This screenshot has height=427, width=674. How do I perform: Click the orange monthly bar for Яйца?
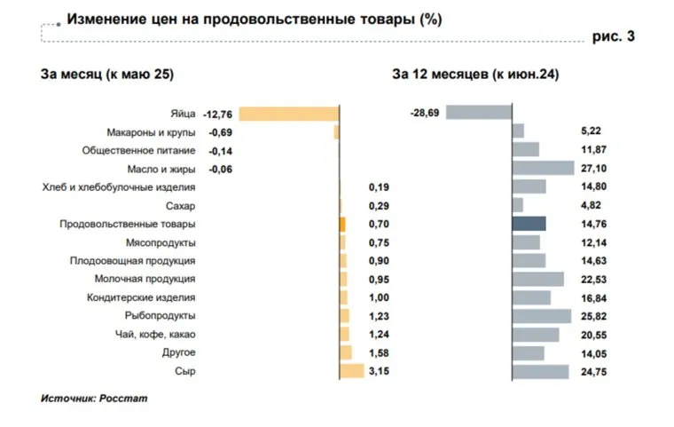click(x=289, y=114)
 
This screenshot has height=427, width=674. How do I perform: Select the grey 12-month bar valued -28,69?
click(x=479, y=113)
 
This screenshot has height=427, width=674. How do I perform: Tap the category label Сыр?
click(x=185, y=371)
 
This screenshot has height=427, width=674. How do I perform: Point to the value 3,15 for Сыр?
click(x=378, y=371)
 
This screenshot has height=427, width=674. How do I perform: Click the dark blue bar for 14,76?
click(x=529, y=224)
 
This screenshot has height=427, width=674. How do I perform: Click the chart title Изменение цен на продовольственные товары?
click(x=255, y=19)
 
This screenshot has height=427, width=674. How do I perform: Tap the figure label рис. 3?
click(x=613, y=36)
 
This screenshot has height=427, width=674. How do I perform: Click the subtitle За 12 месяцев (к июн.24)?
click(x=475, y=75)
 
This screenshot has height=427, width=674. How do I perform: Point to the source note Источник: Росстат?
click(x=94, y=399)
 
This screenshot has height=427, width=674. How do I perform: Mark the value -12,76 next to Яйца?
click(x=218, y=114)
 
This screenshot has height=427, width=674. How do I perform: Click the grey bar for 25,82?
click(x=541, y=316)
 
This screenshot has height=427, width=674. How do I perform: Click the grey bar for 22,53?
click(x=537, y=279)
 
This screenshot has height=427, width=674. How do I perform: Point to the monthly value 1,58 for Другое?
click(x=378, y=352)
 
